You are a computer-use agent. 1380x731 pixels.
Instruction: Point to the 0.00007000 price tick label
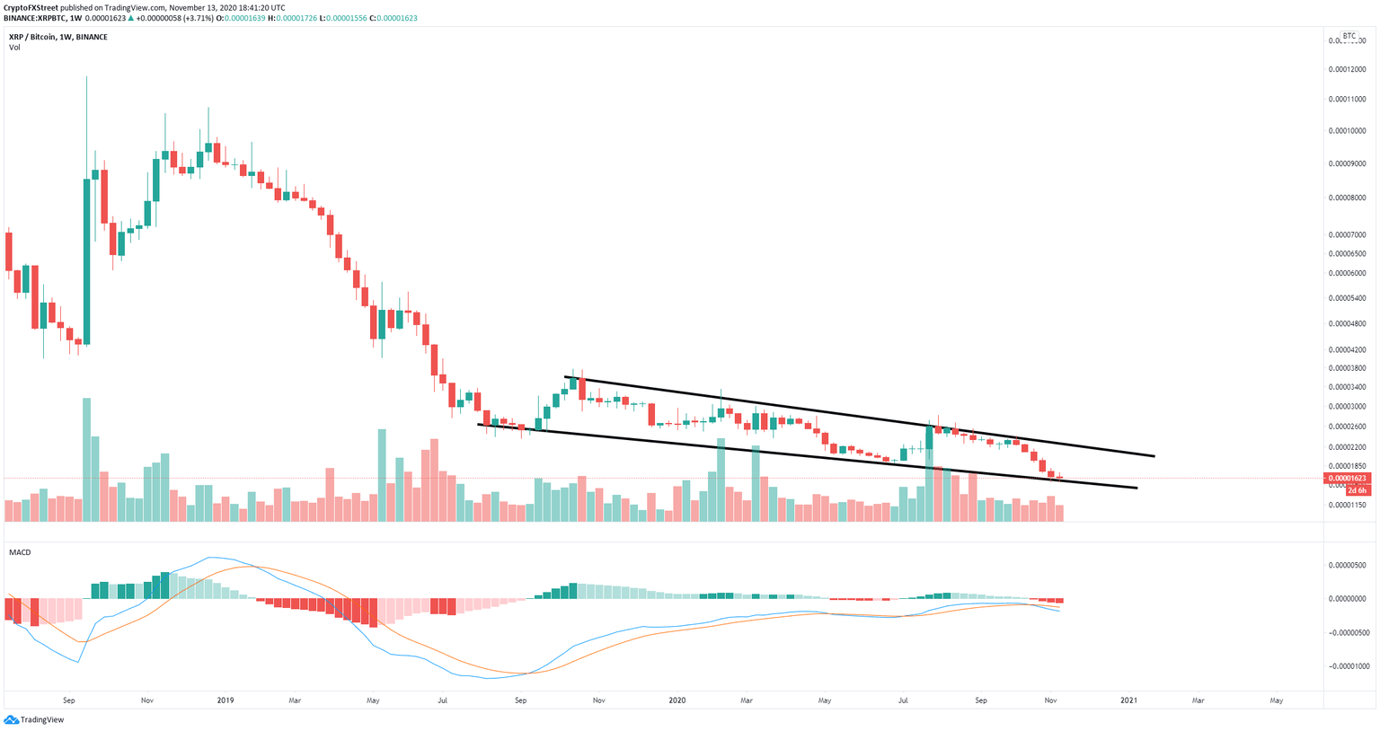1346,234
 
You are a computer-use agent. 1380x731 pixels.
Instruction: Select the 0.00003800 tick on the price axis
1346,368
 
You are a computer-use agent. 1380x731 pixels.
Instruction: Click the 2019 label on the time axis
225,700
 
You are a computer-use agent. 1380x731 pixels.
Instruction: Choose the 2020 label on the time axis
677,700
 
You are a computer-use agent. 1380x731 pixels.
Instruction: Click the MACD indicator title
19,552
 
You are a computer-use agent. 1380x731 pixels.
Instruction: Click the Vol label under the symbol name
14,48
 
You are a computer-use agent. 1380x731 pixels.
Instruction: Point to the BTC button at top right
1349,36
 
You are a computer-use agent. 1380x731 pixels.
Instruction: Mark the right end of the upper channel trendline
1154,456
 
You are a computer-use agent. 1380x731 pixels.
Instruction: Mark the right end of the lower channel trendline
1137,488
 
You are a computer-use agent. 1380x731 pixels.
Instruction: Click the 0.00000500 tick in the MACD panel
1346,565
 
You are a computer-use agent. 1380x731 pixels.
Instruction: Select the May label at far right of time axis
1276,700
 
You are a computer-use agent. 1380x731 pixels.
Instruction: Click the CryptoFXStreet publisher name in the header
31,7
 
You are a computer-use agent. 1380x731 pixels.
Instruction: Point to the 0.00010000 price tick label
1346,130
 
